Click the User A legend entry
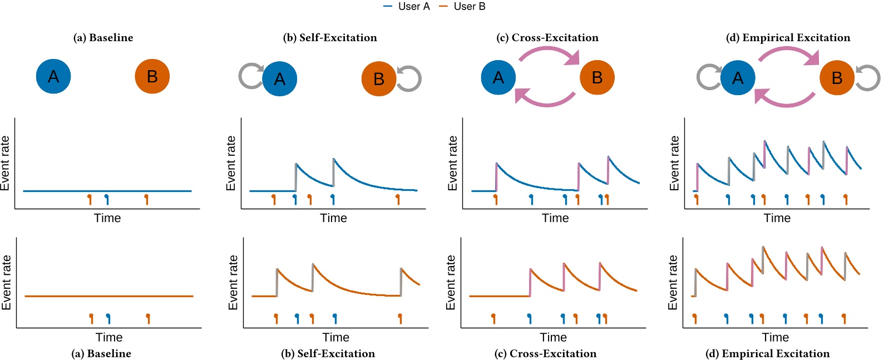pyautogui.click(x=407, y=7)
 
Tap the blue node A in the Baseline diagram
pyautogui.click(x=53, y=76)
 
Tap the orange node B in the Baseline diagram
pyautogui.click(x=152, y=76)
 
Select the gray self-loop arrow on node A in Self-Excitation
pyautogui.click(x=249, y=76)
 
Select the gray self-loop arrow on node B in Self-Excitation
pyautogui.click(x=411, y=78)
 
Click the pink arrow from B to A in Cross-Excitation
pyautogui.click(x=545, y=100)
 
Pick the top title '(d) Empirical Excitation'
pyautogui.click(x=788, y=38)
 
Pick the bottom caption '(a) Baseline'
pyautogui.click(x=101, y=354)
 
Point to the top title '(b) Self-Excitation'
pyautogui.click(x=330, y=38)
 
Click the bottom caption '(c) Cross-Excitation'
pyautogui.click(x=545, y=354)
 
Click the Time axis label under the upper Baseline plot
pyautogui.click(x=107, y=218)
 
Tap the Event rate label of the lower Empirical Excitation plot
pyautogui.click(x=673, y=283)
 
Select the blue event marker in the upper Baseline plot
pyautogui.click(x=107, y=199)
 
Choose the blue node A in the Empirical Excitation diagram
pyautogui.click(x=738, y=78)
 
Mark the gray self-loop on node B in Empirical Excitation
pyautogui.click(x=868, y=78)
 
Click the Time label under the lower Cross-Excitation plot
pyautogui.click(x=553, y=338)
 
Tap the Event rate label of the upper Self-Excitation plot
pyautogui.click(x=231, y=163)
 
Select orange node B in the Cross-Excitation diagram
pyautogui.click(x=597, y=77)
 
